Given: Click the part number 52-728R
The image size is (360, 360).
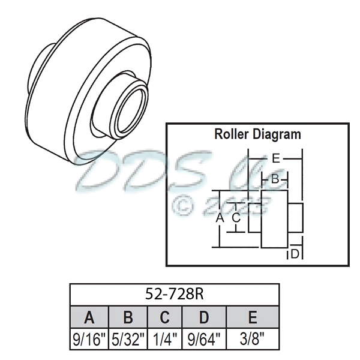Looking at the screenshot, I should pos(175,295).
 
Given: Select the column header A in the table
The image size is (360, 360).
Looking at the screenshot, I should pos(89,317).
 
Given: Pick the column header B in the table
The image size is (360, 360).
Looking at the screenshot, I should pos(127,317).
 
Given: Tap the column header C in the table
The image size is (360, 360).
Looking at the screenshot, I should pos(164,317).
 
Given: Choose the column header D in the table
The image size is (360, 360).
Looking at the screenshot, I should pos(204,317).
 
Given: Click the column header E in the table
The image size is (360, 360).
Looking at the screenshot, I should pos(253,317).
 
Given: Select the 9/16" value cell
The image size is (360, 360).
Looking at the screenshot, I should pos(89,339).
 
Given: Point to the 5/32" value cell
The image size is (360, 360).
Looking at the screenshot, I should pos(127,339).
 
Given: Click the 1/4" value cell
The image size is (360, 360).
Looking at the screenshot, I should pos(164,339).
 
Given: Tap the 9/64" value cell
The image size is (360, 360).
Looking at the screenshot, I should pos(204,339).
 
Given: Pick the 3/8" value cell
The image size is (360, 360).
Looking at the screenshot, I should pos(253,339).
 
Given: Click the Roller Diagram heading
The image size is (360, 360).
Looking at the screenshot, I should pos(257,134).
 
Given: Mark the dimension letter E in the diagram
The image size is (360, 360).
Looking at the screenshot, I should pos(275,159).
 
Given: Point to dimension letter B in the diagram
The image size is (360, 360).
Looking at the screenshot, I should pos(274,179).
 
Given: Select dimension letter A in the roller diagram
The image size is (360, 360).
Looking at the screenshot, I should pos(220,218).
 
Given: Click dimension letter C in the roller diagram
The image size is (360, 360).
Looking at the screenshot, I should pos(236,218).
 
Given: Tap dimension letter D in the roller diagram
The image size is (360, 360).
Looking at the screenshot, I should pos(295,254).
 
